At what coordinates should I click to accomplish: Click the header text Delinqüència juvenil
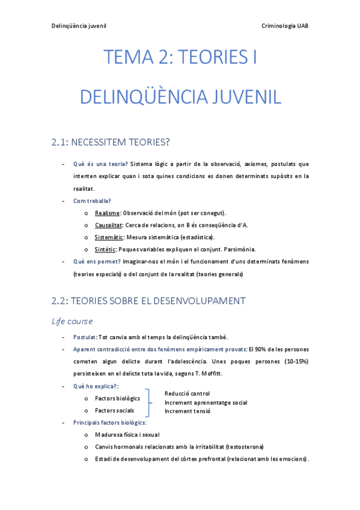pyautogui.click(x=79, y=26)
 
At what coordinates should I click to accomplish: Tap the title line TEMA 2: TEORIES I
pyautogui.click(x=180, y=58)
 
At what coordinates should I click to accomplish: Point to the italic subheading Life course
pyautogui.click(x=72, y=321)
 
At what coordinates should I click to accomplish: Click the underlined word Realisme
pyautogui.click(x=107, y=213)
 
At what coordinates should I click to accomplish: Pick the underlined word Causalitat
pyautogui.click(x=108, y=225)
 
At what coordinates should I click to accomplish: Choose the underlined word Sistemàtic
pyautogui.click(x=109, y=237)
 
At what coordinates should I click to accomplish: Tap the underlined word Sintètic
pyautogui.click(x=106, y=249)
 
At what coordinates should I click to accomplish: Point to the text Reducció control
pyautogui.click(x=187, y=393)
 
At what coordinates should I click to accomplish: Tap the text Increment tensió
pyautogui.click(x=188, y=411)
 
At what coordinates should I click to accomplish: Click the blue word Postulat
pyautogui.click(x=84, y=337)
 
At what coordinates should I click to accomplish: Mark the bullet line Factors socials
pyautogui.click(x=114, y=410)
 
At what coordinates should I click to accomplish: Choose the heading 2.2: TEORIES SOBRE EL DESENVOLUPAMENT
pyautogui.click(x=148, y=300)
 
